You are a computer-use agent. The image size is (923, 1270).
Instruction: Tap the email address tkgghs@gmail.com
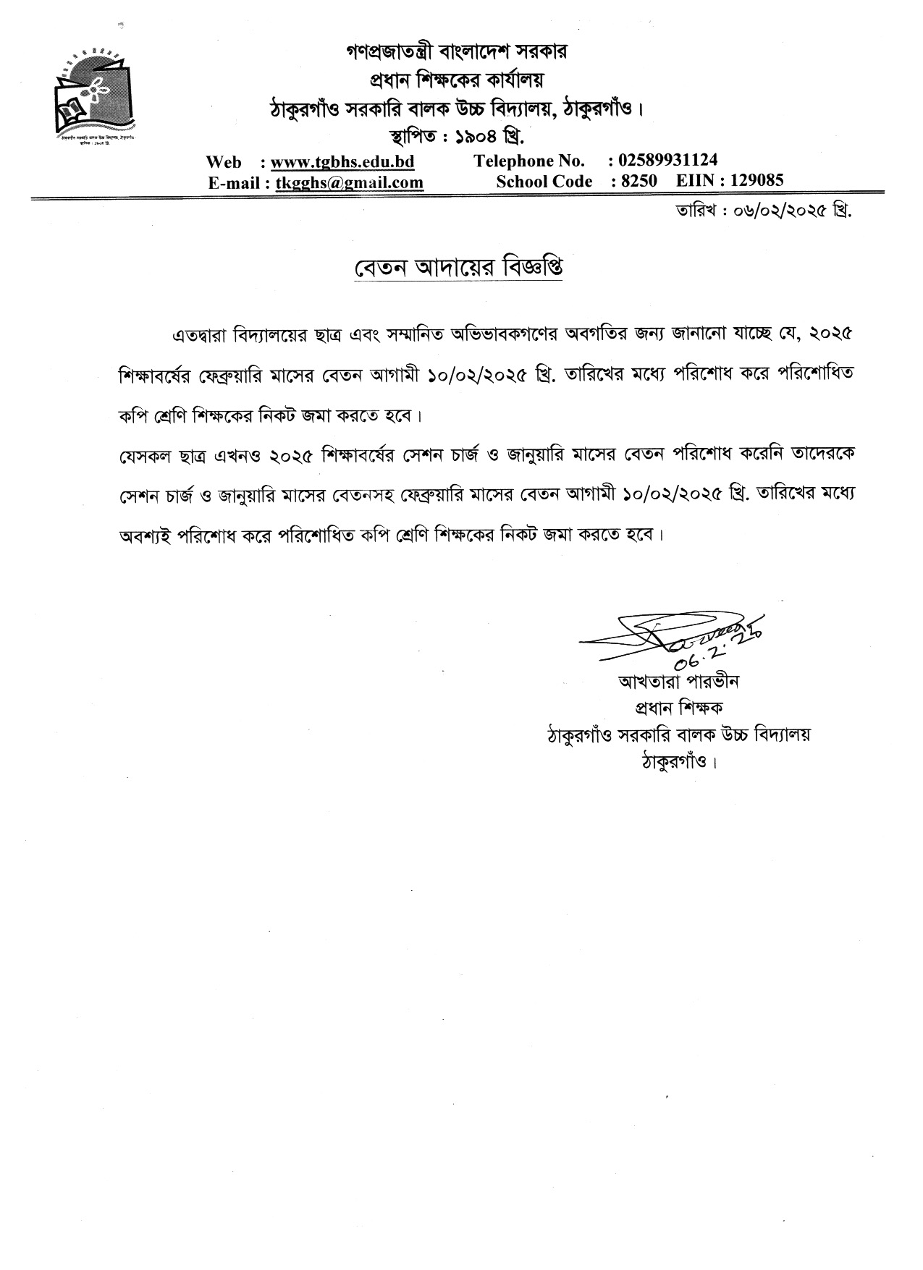coord(349,182)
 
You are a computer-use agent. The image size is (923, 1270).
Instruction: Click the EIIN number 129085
coord(756,181)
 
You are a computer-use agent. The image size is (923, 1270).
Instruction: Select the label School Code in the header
coord(544,182)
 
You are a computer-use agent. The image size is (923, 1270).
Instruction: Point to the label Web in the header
coord(224,161)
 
